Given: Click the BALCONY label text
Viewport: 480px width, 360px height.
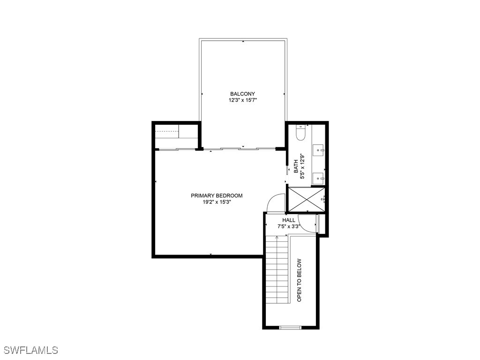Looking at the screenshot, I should pyautogui.click(x=242, y=94).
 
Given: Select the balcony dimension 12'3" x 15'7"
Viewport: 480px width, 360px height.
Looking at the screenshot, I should pyautogui.click(x=242, y=100).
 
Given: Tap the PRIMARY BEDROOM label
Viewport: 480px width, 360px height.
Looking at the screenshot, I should pyautogui.click(x=217, y=195).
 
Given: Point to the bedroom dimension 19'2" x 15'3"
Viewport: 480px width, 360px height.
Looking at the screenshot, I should pyautogui.click(x=217, y=202).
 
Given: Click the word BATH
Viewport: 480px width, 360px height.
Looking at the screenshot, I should pyautogui.click(x=296, y=166).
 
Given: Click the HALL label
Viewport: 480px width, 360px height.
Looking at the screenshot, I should pyautogui.click(x=289, y=220).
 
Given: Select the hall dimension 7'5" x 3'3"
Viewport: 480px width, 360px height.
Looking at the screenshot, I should pyautogui.click(x=289, y=226).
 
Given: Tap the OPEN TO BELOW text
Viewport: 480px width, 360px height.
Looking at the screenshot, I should pyautogui.click(x=300, y=280).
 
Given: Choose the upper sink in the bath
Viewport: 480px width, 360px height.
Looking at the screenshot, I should pyautogui.click(x=319, y=150).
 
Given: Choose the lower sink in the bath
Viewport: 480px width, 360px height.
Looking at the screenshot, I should pyautogui.click(x=319, y=178).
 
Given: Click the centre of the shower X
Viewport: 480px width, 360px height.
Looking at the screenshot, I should pyautogui.click(x=306, y=199).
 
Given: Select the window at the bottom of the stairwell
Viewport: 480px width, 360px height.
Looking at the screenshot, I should pyautogui.click(x=290, y=327).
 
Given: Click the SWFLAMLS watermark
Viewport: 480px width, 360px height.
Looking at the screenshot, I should pyautogui.click(x=30, y=350).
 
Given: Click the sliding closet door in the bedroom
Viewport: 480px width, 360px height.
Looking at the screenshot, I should pyautogui.click(x=176, y=150).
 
